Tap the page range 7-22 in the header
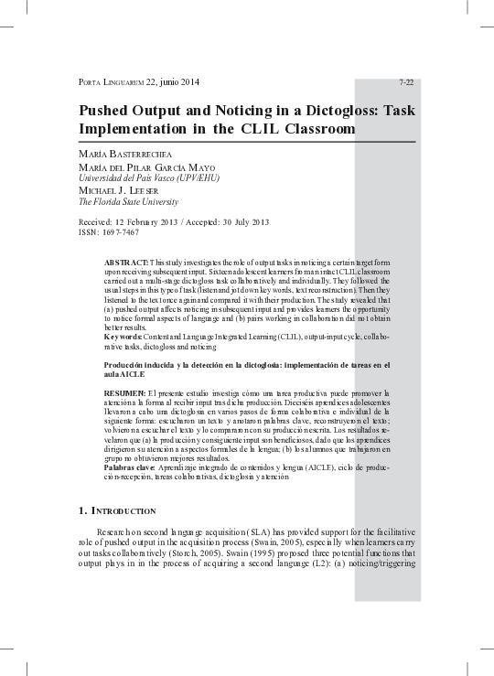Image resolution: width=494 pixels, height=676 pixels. [x=406, y=82]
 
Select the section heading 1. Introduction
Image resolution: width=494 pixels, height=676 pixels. [x=118, y=510]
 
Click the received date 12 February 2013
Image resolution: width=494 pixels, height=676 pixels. [x=155, y=222]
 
